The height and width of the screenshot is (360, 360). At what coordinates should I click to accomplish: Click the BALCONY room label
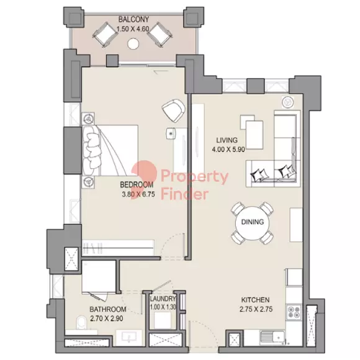tap(133, 19)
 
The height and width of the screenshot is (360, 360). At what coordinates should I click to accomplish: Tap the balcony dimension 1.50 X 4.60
tap(133, 29)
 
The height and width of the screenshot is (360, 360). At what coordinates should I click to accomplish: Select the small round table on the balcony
tap(133, 43)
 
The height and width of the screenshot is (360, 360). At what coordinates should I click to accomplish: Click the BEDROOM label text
tap(137, 184)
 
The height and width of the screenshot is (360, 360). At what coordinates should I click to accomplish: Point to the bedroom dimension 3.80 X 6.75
tap(138, 194)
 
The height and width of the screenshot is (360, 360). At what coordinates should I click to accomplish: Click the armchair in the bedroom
tap(173, 110)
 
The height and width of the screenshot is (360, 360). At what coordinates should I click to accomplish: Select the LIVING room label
tap(227, 140)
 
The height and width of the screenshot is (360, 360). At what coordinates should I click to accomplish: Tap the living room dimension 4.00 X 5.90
tap(228, 150)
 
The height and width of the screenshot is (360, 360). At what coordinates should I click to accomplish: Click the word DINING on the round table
tap(253, 222)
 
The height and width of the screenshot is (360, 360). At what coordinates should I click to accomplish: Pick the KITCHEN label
tap(255, 300)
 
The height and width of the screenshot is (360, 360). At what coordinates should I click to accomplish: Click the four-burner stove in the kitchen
tap(294, 312)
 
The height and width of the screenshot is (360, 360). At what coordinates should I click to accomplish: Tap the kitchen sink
tap(272, 338)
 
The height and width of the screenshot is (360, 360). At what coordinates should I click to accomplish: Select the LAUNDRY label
tap(163, 299)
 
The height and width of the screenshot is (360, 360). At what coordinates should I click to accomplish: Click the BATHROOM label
tap(107, 309)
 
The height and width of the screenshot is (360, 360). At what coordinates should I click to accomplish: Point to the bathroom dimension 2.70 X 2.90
tap(107, 318)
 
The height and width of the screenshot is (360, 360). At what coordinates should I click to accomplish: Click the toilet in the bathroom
tap(81, 323)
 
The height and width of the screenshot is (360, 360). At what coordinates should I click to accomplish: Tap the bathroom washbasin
tap(130, 337)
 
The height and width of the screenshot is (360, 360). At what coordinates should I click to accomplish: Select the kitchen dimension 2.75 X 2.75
tap(256, 309)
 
